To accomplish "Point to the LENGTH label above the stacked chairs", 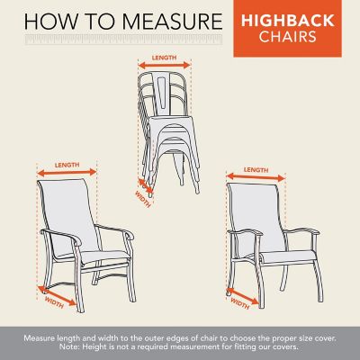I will pos(165,57).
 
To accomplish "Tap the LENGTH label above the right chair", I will pos(256,168).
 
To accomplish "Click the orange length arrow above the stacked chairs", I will pos(165,65).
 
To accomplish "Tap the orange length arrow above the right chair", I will pos(256,176).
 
